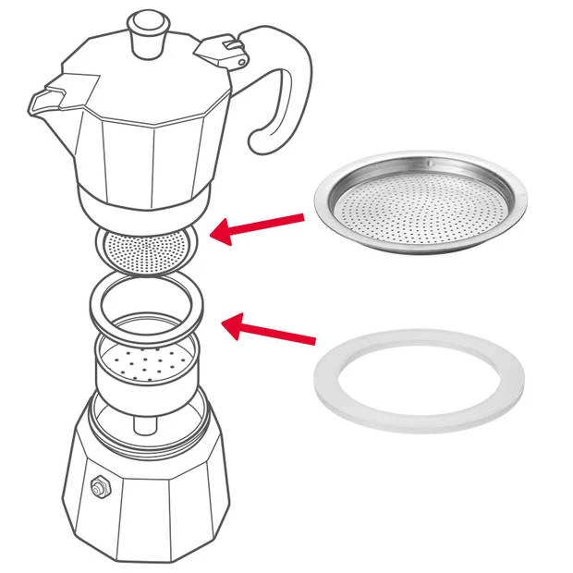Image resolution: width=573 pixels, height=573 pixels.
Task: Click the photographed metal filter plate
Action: tap(421, 207)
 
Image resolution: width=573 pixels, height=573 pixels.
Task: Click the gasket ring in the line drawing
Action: tap(147, 311)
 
